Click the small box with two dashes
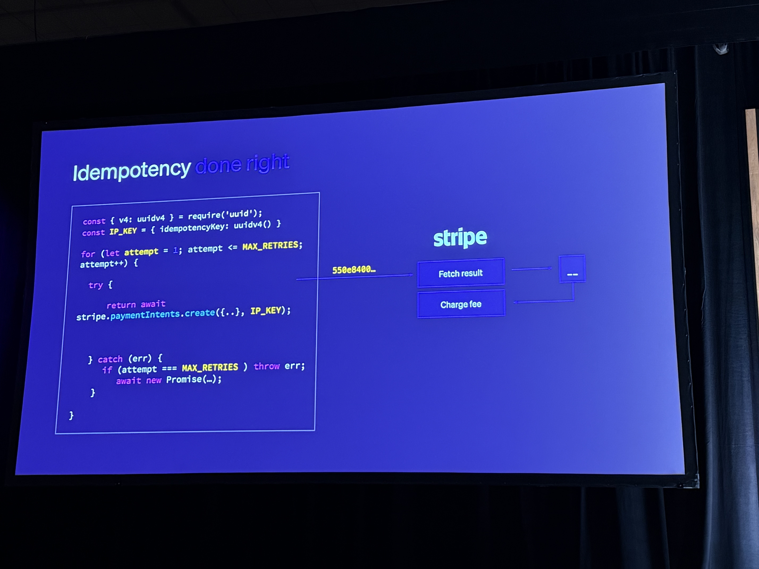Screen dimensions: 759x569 [572, 269]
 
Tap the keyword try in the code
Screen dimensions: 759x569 [96, 285]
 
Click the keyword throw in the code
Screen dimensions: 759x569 [267, 366]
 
